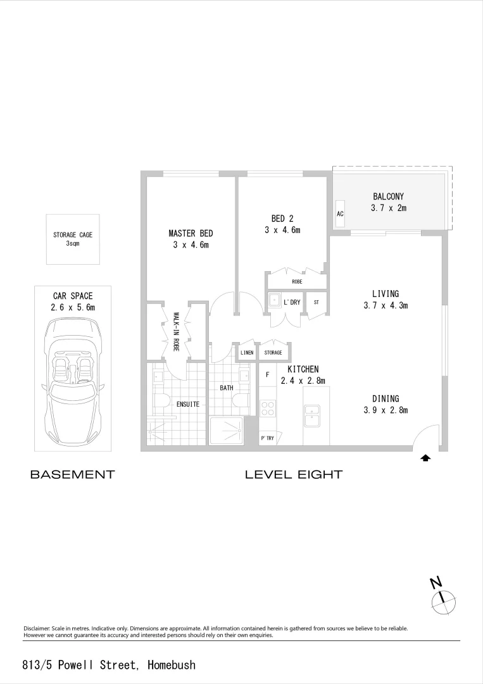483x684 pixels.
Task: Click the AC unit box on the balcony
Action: pos(340,213)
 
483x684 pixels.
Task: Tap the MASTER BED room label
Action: pos(191,233)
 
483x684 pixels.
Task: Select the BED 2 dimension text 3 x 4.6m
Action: pos(282,231)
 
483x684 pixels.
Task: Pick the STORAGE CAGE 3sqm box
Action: pos(72,239)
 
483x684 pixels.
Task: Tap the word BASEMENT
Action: pos(72,474)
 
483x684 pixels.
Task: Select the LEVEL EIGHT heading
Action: pos(294,474)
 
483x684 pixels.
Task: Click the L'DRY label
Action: pos(292,303)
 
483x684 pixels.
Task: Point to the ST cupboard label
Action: pos(316,303)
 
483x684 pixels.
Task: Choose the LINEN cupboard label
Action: pos(247,353)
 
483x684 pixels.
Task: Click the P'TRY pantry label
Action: pos(267,438)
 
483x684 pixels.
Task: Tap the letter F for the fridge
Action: pos(268,375)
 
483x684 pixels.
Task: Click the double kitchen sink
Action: pos(312,415)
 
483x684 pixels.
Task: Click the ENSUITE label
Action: pos(188,404)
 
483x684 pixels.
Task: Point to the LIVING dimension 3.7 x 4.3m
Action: pos(386,305)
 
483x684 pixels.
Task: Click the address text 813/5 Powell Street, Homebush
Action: pos(109,665)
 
